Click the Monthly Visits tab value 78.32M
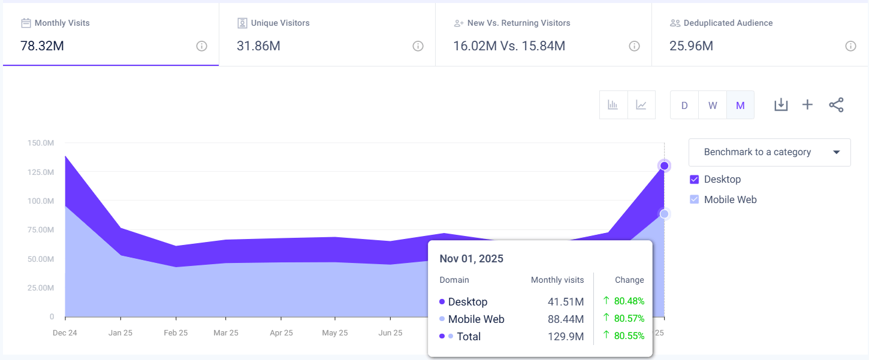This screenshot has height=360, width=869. (x=43, y=46)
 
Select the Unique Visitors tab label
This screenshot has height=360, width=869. (x=280, y=23)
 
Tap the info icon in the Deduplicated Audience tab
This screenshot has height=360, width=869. (x=850, y=46)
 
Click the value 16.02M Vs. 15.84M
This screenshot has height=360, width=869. (x=509, y=46)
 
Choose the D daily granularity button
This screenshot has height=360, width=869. (x=684, y=105)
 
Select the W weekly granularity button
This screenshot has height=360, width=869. (x=713, y=105)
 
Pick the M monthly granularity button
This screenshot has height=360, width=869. (x=740, y=105)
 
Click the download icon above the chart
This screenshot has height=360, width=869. (x=780, y=105)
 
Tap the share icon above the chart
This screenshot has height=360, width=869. (x=836, y=105)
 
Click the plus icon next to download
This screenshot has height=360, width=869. (x=807, y=105)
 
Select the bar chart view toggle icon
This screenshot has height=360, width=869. (x=613, y=105)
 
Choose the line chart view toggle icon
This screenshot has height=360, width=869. (x=641, y=105)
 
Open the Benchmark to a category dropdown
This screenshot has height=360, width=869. (x=770, y=152)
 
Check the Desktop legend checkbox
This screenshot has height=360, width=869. (x=695, y=179)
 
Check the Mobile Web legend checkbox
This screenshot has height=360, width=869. (x=695, y=199)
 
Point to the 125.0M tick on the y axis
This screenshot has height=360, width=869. (x=40, y=172)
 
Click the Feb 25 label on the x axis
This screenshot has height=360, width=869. (x=176, y=332)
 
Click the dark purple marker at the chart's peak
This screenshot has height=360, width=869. (x=664, y=165)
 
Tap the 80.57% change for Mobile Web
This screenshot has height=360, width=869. (x=629, y=319)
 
